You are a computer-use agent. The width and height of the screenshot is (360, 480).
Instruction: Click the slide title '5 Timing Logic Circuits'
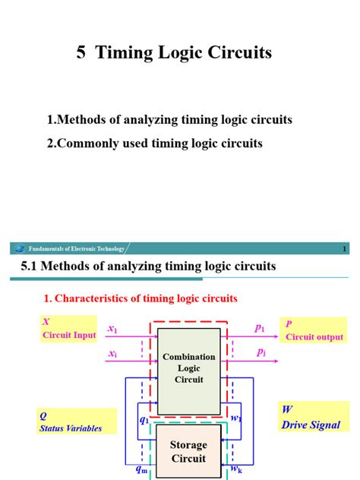click(174, 52)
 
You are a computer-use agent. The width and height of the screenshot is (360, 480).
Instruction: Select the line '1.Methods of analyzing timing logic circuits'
click(169, 120)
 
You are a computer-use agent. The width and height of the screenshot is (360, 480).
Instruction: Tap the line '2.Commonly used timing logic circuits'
click(155, 143)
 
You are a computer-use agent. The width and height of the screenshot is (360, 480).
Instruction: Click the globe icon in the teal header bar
click(19, 248)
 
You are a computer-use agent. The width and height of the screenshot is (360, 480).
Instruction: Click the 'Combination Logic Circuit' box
click(189, 368)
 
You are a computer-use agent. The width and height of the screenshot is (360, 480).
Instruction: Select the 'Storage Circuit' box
click(189, 452)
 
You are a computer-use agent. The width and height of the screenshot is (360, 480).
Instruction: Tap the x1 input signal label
click(112, 329)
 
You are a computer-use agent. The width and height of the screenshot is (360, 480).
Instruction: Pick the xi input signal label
click(112, 352)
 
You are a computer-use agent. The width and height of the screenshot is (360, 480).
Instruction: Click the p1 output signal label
click(260, 328)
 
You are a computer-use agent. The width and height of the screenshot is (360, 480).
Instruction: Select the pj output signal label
click(260, 352)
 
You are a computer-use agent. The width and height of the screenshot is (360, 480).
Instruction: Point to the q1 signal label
click(144, 418)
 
